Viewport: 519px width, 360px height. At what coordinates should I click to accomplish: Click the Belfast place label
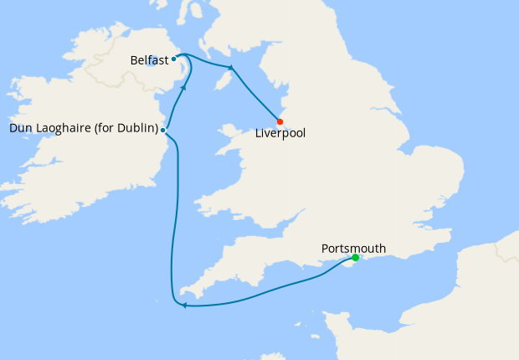pyautogui.click(x=149, y=60)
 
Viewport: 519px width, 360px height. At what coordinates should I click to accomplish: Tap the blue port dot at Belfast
pyautogui.click(x=173, y=59)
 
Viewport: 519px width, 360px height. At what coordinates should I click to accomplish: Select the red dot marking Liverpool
pyautogui.click(x=280, y=121)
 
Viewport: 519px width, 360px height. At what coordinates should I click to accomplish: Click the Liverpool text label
pyautogui.click(x=280, y=133)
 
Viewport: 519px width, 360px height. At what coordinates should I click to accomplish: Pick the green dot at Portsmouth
pyautogui.click(x=356, y=257)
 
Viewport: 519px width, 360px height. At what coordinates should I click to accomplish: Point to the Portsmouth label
pyautogui.click(x=353, y=249)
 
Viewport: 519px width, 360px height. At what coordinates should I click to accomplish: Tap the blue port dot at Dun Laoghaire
pyautogui.click(x=163, y=130)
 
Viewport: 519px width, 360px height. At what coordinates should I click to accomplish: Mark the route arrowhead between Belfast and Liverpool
pyautogui.click(x=230, y=67)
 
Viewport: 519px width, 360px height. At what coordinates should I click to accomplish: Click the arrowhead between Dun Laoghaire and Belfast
pyautogui.click(x=183, y=86)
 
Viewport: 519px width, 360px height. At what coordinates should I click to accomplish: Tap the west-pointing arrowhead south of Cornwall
pyautogui.click(x=183, y=305)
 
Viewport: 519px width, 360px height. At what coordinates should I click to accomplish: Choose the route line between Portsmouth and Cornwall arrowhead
pyautogui.click(x=268, y=293)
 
